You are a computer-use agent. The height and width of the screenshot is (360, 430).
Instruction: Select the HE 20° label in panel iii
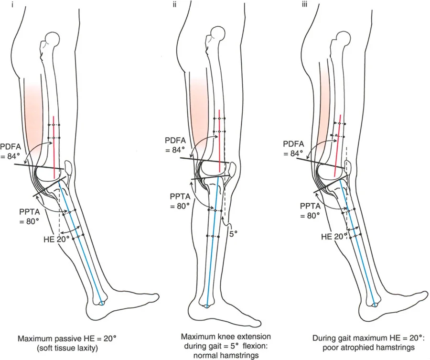coord(333,237)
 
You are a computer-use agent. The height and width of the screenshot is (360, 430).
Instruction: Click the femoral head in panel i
coord(51,38)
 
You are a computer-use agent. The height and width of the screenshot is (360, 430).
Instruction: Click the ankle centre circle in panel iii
coord(376,303)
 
